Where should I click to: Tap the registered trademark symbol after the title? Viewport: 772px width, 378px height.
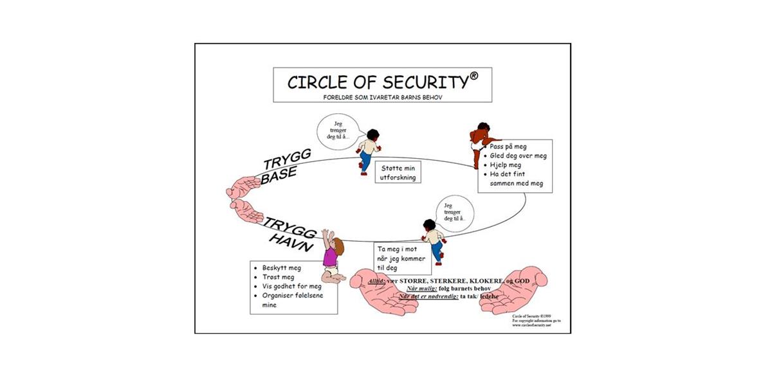(474, 76)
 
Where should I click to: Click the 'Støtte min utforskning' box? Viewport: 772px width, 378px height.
(398, 172)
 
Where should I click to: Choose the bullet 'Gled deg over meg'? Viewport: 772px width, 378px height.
(518, 156)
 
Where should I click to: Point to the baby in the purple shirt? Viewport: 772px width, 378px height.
(332, 257)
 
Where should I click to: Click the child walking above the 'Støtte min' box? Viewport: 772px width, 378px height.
(368, 150)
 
